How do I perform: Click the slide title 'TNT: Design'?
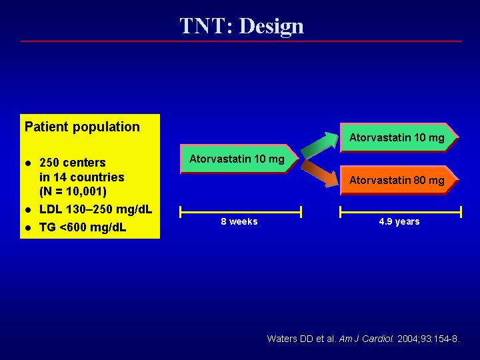[x=241, y=26]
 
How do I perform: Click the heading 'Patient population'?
[x=82, y=127]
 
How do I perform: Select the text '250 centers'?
[x=73, y=163]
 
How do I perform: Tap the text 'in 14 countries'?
[x=82, y=177]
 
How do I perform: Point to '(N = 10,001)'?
[x=73, y=191]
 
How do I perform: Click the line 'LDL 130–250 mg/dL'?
[x=96, y=210]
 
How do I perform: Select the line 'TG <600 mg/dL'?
[x=83, y=227]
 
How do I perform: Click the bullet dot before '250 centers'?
[x=29, y=163]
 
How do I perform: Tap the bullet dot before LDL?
[x=29, y=210]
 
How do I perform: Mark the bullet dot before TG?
[x=29, y=228]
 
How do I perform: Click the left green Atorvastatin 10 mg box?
[x=239, y=159]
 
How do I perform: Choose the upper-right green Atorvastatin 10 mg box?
[x=399, y=137]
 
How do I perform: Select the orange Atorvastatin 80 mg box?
[x=399, y=180]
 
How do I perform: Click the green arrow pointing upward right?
[x=319, y=145]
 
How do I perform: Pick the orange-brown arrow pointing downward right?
[x=319, y=173]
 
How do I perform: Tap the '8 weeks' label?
[x=239, y=221]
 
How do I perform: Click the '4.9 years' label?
[x=399, y=221]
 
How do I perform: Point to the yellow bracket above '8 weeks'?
[x=241, y=212]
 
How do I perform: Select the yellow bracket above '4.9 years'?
[x=401, y=212]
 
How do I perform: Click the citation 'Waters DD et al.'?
[x=302, y=339]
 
